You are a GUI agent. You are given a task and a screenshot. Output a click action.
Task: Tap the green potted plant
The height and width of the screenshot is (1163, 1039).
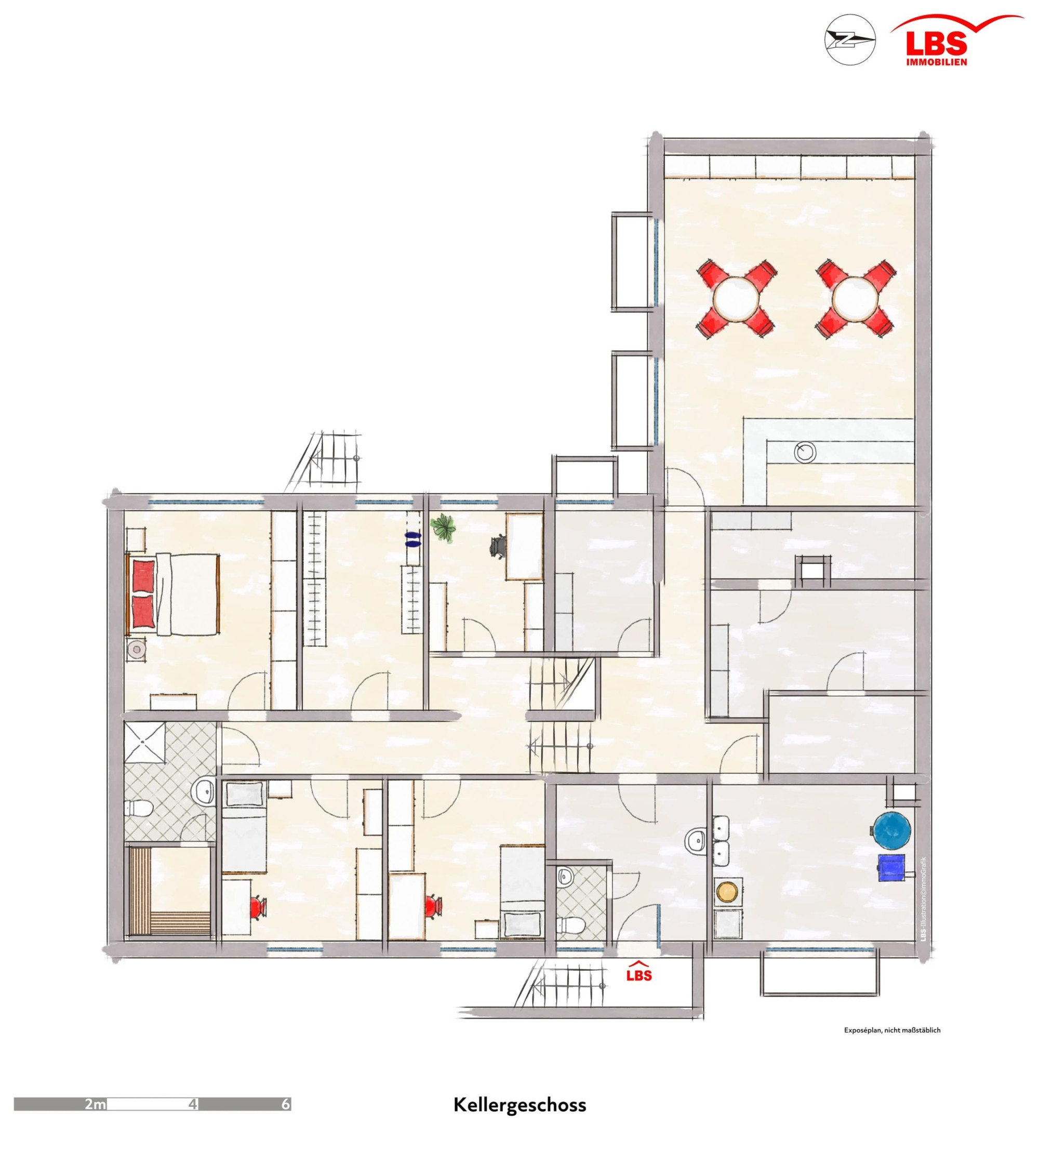[444, 526]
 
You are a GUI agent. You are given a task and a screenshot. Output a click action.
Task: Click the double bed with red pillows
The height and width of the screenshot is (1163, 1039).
[173, 594]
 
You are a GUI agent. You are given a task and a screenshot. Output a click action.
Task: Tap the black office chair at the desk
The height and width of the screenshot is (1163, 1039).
[498, 546]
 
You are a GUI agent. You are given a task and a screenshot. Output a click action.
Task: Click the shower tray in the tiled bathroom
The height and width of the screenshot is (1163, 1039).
[145, 741]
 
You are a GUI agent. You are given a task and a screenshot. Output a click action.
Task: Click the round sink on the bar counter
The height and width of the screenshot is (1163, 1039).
[805, 452]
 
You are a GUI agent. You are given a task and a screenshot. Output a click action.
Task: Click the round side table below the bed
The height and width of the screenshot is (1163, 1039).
[137, 649]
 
